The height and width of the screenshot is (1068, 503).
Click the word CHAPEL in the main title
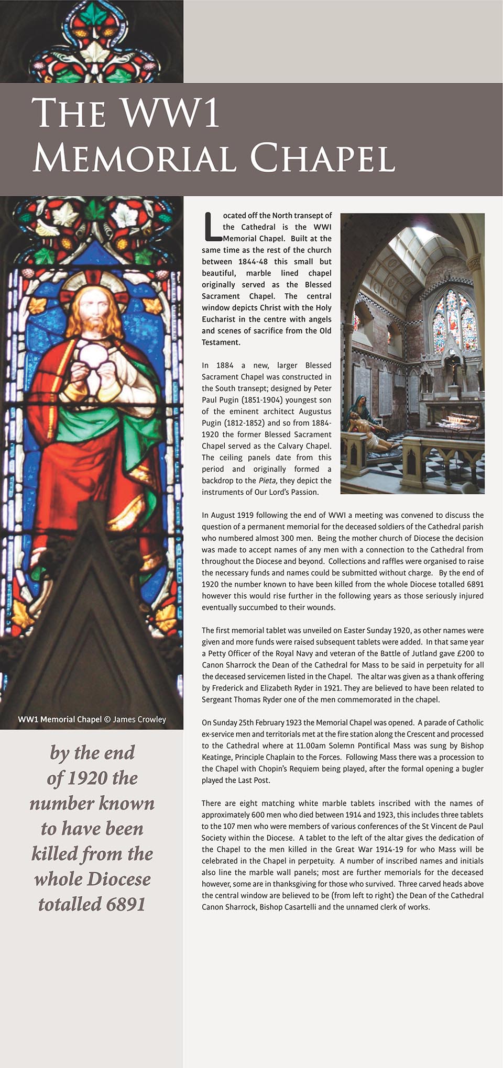(321, 158)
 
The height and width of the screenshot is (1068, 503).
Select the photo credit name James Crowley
(139, 719)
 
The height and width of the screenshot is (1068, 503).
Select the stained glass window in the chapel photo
(454, 320)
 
